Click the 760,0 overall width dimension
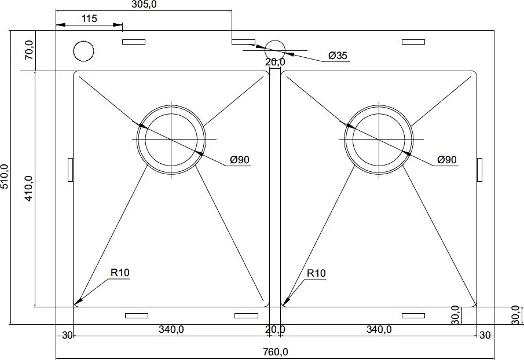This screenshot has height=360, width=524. [276, 352]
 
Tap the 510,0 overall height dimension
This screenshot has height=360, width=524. [5, 177]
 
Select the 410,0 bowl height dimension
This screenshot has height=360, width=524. [29, 189]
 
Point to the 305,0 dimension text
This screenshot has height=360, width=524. [144, 5]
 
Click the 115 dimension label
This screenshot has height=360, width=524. [89, 19]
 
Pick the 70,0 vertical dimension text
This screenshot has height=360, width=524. [29, 50]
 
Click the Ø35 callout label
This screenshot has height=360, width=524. [338, 56]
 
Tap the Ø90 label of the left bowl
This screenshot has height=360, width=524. [240, 160]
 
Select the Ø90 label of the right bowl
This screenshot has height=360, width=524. [447, 160]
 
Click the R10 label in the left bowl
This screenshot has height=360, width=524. [120, 273]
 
